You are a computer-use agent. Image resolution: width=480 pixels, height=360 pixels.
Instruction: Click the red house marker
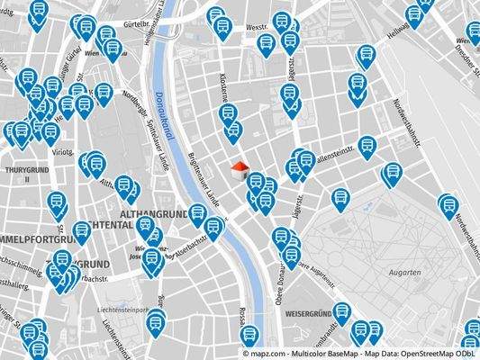[x=239, y=169]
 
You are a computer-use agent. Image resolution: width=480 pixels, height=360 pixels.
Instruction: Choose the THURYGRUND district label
[x=17, y=172]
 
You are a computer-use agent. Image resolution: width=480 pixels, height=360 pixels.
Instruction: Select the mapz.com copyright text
[x=271, y=353]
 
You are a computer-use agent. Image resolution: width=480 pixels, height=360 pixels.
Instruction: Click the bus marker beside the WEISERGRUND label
[x=359, y=330]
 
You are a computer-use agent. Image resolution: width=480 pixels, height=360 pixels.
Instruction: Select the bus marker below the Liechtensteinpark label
[x=157, y=321]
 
